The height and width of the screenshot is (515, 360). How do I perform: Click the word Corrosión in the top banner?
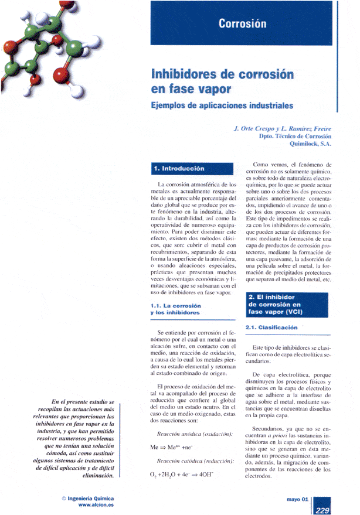pyautogui.click(x=242, y=23)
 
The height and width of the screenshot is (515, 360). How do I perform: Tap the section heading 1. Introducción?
pyautogui.click(x=179, y=168)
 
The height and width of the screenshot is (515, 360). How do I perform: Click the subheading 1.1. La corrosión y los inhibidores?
pyautogui.click(x=175, y=309)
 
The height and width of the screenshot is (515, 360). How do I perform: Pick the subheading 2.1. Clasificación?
pyautogui.click(x=271, y=328)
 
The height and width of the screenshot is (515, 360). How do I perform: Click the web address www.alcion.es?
pyautogui.click(x=96, y=505)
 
